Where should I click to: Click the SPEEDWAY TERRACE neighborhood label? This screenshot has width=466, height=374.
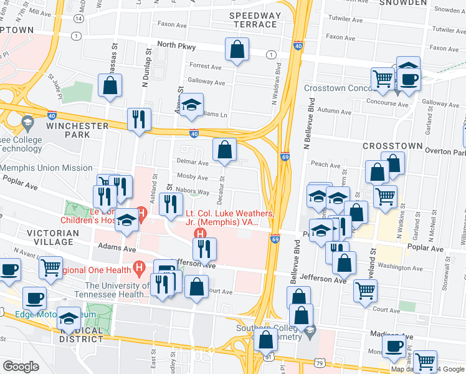tap(253, 19)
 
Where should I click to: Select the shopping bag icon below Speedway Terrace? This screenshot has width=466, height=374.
tap(237, 51)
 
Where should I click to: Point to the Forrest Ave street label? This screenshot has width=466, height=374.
tap(206, 66)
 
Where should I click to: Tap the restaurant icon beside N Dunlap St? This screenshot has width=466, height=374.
tap(138, 120)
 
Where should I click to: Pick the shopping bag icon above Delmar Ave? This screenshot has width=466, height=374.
tap(224, 150)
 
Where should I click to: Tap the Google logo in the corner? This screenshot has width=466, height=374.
tap(21, 366)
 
